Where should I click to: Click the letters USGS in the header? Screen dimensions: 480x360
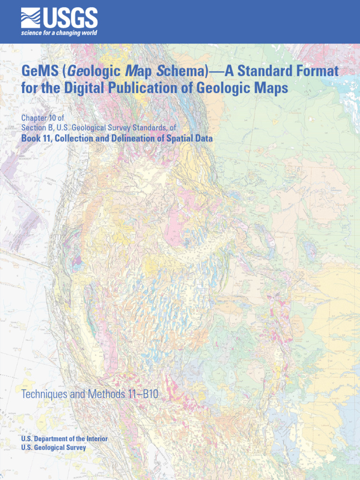[71, 19]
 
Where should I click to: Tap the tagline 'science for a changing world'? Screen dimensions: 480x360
[59, 33]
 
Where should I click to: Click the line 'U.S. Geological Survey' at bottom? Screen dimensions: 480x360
[53, 448]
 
